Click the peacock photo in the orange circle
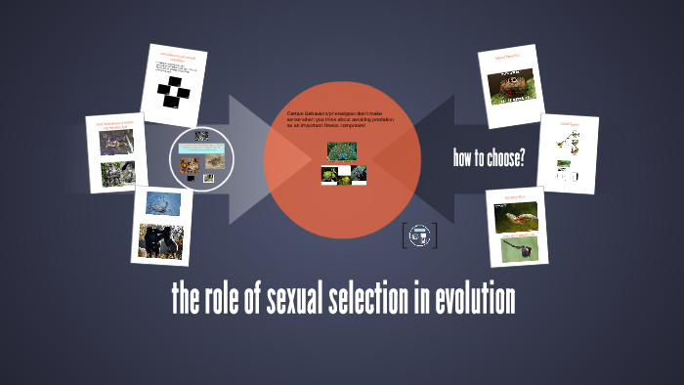pos(342,151)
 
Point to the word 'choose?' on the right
pos(503,159)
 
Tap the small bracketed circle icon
pos(419,234)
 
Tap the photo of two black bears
pos(161,240)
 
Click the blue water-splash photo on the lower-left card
pos(163,202)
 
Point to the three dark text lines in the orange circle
pos(341,120)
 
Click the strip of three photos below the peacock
pos(343,176)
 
